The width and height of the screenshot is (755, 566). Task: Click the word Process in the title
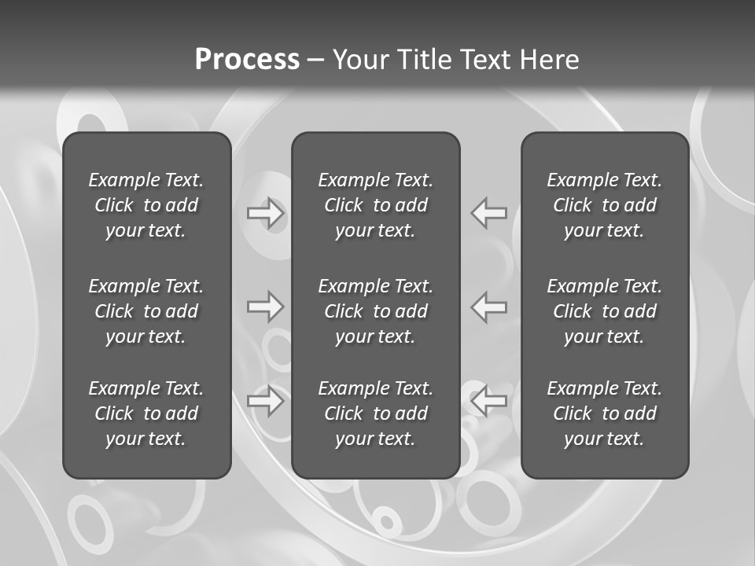[247, 60]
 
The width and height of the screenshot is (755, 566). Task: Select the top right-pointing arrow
[266, 213]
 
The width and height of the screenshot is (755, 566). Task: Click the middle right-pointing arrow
[266, 307]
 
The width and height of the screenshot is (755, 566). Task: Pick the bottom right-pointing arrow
[266, 401]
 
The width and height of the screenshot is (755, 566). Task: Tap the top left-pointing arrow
[489, 213]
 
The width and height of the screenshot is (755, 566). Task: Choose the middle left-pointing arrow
[489, 307]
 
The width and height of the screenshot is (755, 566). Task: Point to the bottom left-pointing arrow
[489, 401]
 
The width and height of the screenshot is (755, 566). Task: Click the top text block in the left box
[146, 205]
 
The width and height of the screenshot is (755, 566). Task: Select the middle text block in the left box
[146, 311]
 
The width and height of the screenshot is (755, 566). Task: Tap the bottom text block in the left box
[146, 413]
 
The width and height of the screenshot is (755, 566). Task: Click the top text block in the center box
[376, 205]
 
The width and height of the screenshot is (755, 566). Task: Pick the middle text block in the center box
[376, 311]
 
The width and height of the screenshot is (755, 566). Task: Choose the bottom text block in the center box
[376, 413]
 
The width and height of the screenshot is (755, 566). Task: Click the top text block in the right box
[605, 205]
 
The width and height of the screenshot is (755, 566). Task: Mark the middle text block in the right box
[605, 311]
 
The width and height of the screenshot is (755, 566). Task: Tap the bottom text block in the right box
[605, 413]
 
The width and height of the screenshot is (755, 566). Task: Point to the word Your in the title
[360, 60]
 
